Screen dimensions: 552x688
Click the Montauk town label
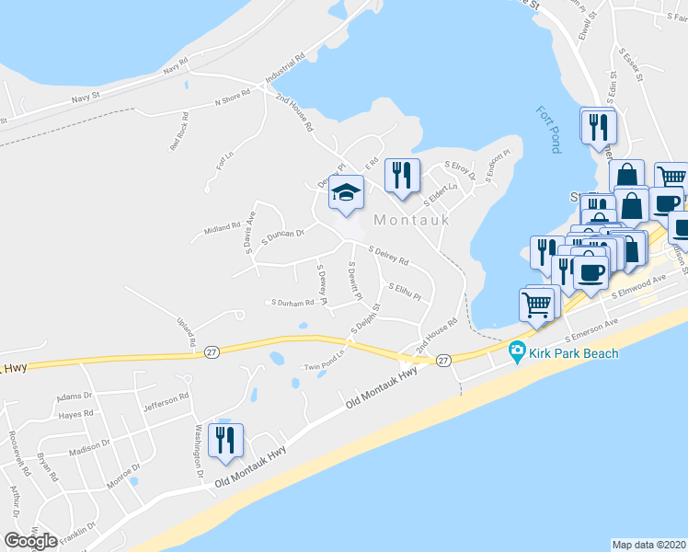click(411, 220)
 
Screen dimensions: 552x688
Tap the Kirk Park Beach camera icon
click(517, 351)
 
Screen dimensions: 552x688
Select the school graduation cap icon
click(346, 193)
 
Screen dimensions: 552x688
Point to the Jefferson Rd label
click(171, 397)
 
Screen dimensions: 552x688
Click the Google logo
click(30, 541)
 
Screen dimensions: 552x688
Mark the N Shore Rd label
click(233, 101)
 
